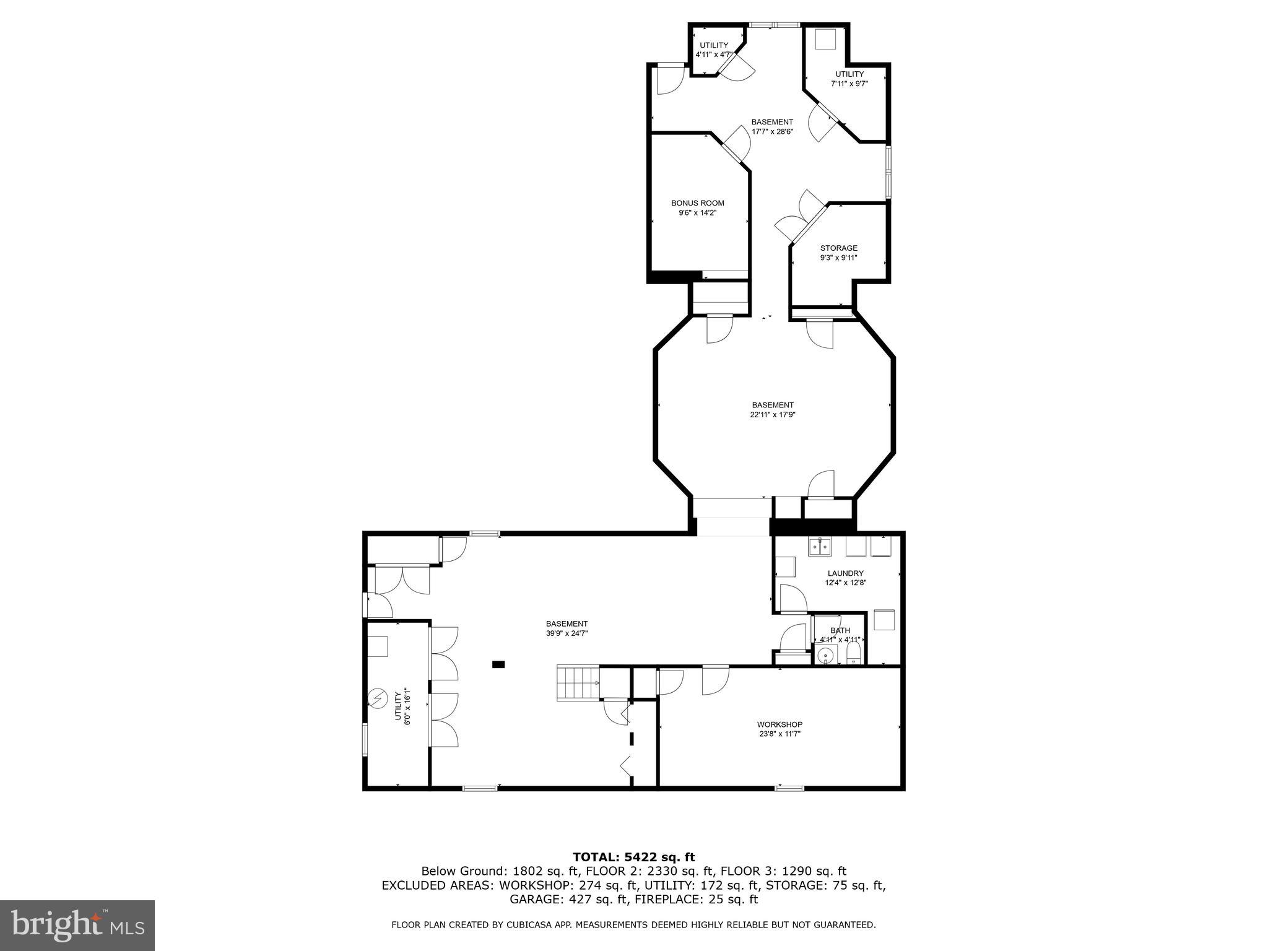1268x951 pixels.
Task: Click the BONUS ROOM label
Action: (x=697, y=203)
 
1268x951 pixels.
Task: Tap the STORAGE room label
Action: (x=838, y=248)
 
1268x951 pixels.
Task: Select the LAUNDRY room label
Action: (x=845, y=573)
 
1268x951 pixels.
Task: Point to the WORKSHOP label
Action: (x=779, y=724)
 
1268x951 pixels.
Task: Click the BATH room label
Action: (x=840, y=630)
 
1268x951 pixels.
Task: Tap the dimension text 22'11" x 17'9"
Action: (x=772, y=415)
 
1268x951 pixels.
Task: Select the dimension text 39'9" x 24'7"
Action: (x=567, y=633)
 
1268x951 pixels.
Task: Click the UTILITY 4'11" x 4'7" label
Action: (x=714, y=50)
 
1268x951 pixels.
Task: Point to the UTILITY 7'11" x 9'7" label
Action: (x=849, y=79)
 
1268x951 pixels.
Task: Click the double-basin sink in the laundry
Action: (x=820, y=547)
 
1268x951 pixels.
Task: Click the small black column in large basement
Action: (x=498, y=664)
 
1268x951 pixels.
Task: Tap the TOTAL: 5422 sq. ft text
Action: (x=633, y=857)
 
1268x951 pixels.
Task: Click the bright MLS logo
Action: (x=77, y=925)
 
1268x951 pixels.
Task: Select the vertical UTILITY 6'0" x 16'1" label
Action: (x=402, y=706)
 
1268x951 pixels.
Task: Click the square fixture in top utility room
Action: (x=825, y=39)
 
